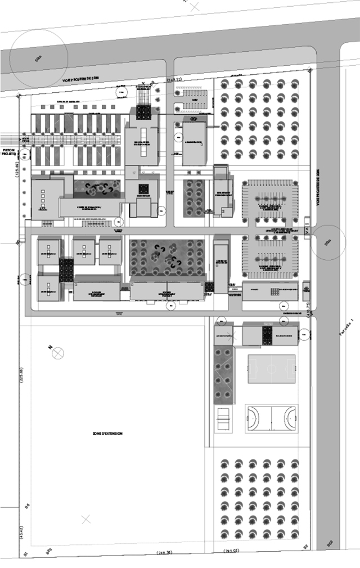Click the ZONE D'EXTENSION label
pos(108,434)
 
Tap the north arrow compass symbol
pos(58,353)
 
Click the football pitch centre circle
pos(271,369)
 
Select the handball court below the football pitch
pos(272,418)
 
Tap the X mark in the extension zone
pos(85,520)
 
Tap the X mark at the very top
pos(195,6)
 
